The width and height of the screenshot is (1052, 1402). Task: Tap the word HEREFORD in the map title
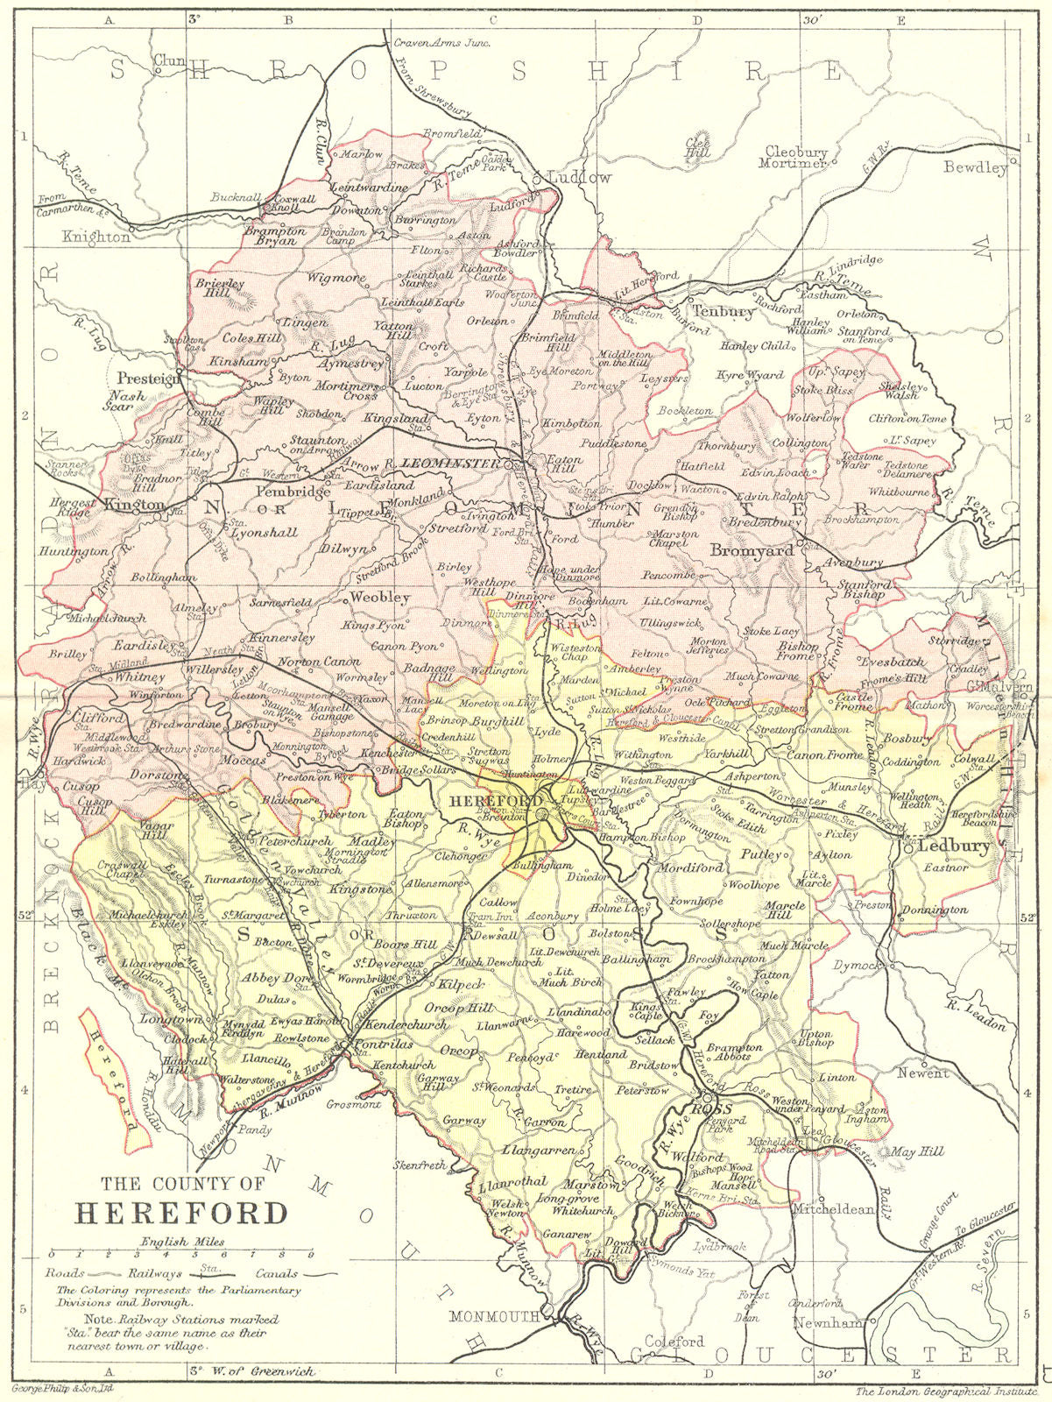pyautogui.click(x=181, y=1214)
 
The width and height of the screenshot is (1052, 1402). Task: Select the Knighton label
pyautogui.click(x=96, y=237)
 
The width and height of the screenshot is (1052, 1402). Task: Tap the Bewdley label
pyautogui.click(x=975, y=167)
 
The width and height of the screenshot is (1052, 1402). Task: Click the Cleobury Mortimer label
pyautogui.click(x=795, y=158)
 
